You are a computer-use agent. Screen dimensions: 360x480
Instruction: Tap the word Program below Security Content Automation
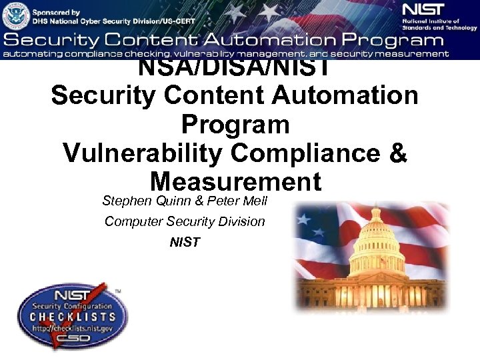pos(235,124)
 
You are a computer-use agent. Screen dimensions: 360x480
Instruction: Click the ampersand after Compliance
pos(396,153)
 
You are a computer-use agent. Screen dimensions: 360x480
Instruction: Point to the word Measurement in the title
pos(235,181)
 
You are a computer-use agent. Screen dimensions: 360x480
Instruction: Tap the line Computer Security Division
pos(185,221)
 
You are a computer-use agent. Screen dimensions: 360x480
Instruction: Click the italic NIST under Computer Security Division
pos(185,243)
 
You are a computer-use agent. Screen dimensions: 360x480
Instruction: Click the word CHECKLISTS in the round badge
pos(72,318)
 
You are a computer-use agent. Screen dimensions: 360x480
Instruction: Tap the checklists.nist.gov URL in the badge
pos(72,329)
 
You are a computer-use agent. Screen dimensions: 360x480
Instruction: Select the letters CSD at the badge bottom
pos(72,341)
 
